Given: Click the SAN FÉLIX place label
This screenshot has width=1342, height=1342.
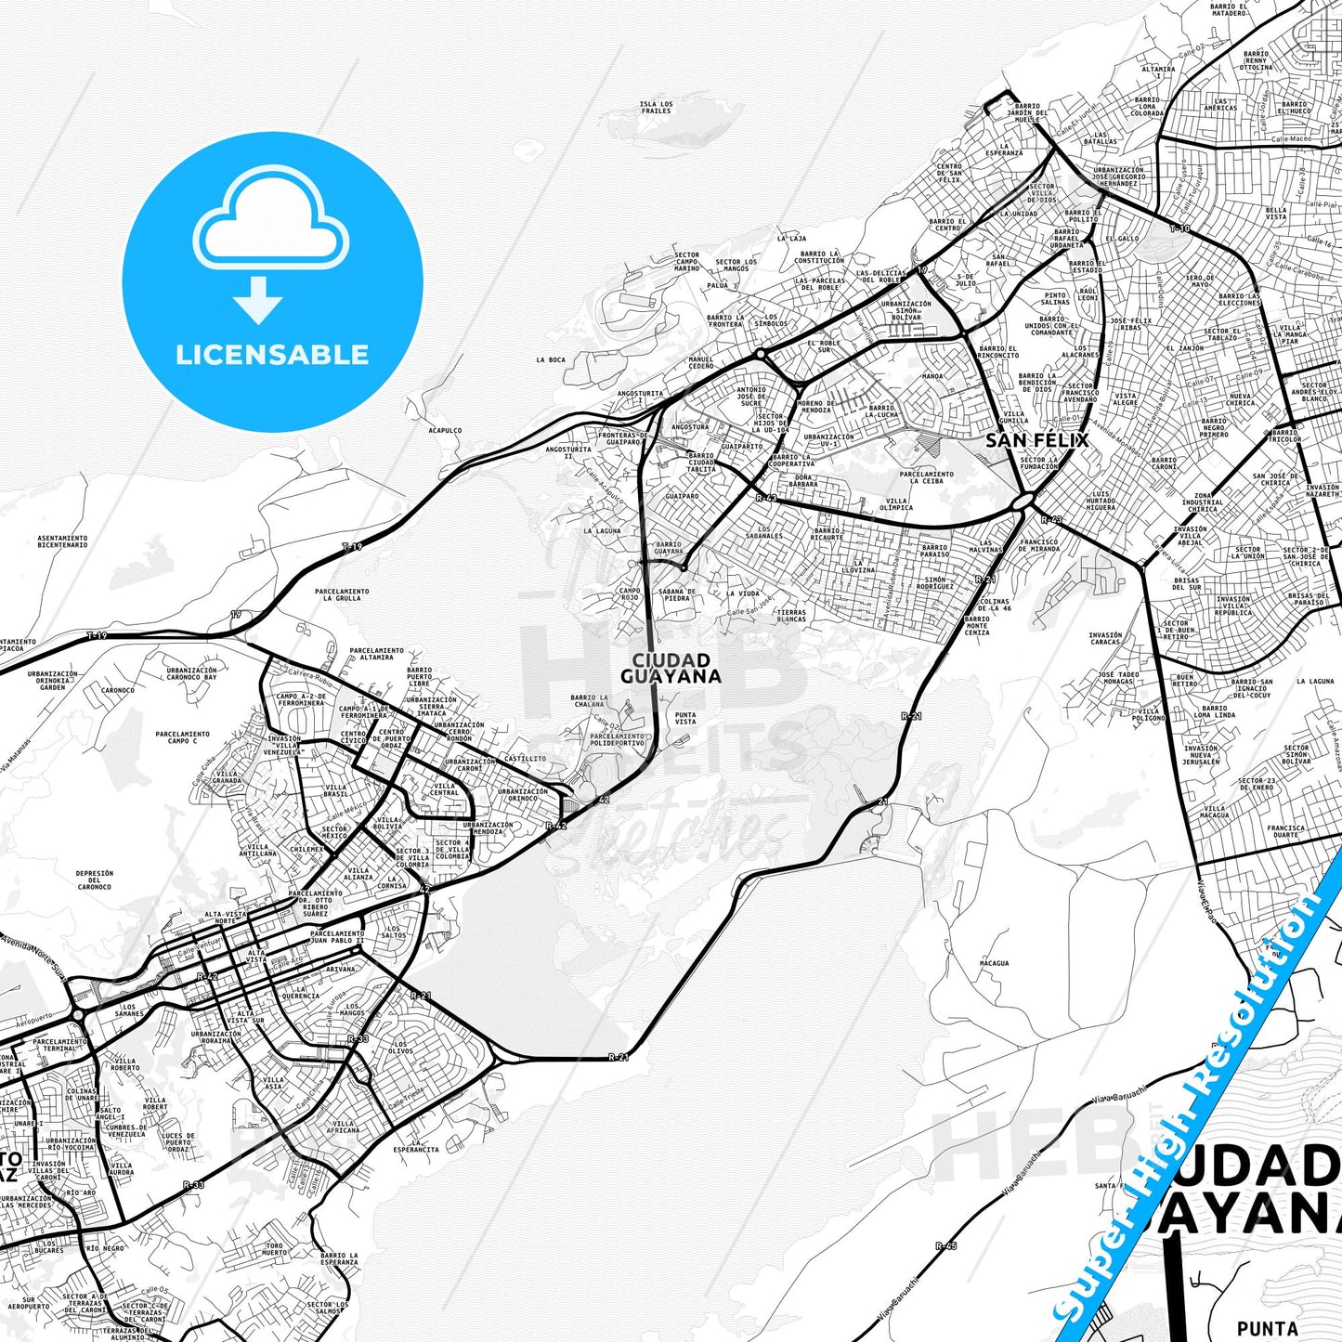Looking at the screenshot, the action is coord(1036,440).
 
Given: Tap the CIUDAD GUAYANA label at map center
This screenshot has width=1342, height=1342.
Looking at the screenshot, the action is coord(671,668).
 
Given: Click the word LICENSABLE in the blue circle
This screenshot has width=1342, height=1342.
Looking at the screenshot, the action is coord(272,355).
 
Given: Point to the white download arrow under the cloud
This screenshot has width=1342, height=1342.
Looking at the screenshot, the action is coord(259,300).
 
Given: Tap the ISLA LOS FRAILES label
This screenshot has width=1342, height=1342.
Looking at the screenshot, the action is coord(656,108).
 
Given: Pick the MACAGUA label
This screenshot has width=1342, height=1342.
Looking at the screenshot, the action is coord(994,963).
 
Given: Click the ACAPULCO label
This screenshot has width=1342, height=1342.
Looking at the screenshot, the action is coord(445,431).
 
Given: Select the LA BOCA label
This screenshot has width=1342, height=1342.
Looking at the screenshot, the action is coord(551,359).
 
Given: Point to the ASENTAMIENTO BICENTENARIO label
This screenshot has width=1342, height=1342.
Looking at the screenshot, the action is coord(62,541).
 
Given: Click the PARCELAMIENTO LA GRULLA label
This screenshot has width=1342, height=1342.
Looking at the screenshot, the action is coord(342,594).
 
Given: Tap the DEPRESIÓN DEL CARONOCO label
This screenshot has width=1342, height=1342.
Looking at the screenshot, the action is coord(95,879).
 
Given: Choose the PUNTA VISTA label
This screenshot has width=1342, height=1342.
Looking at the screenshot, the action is coord(685,718).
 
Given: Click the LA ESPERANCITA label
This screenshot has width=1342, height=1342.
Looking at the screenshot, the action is coord(416,1145).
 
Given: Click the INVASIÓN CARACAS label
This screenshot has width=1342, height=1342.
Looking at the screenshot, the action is coord(1105,638).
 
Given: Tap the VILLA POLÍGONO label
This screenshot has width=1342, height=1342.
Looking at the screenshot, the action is coord(1148,714).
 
